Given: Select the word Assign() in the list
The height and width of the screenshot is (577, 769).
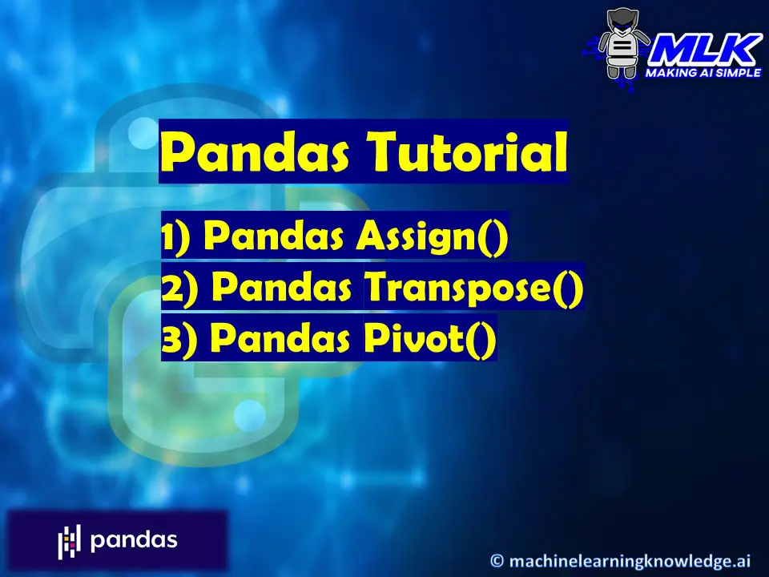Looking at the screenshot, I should [433, 238].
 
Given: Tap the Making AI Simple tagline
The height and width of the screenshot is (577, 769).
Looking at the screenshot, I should [703, 72].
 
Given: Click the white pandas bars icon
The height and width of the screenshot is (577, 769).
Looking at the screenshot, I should [70, 542].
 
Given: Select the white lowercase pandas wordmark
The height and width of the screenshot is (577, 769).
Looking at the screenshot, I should [134, 540].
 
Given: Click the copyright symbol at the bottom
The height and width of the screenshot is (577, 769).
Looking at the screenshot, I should [497, 559].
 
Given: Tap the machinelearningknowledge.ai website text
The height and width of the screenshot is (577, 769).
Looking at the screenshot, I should [633, 559].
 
